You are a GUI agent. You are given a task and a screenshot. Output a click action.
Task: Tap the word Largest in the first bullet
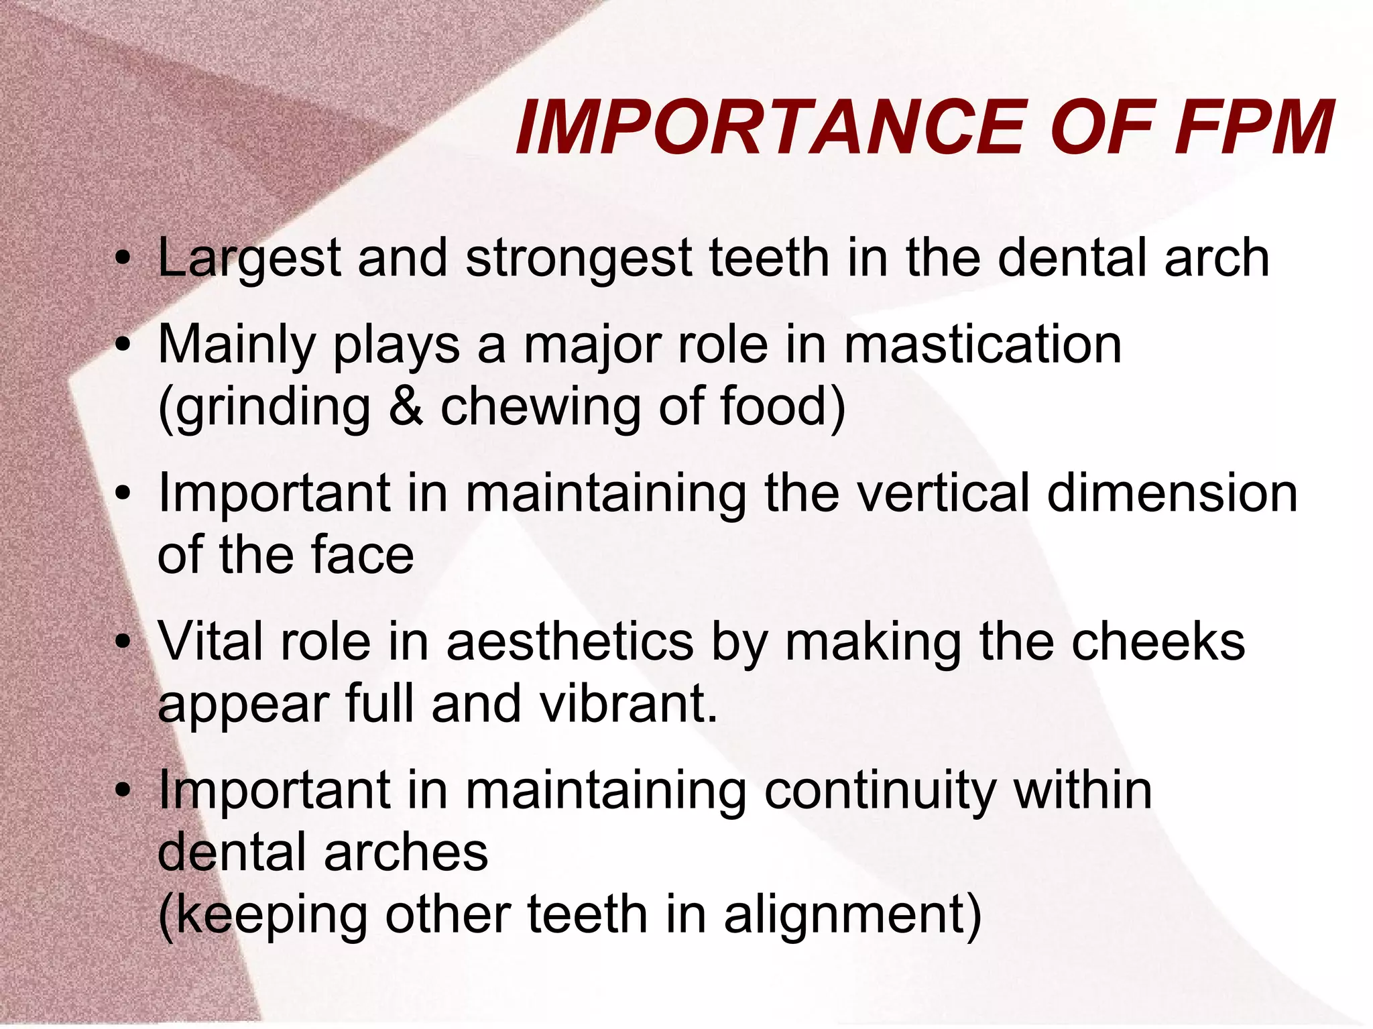click(x=249, y=258)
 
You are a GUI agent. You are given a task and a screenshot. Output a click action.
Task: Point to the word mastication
click(x=982, y=345)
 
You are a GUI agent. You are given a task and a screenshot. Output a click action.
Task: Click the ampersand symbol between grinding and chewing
click(x=406, y=406)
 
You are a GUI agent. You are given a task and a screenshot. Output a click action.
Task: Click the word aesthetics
click(x=569, y=642)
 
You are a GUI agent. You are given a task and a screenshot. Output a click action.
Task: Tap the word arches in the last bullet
click(x=406, y=852)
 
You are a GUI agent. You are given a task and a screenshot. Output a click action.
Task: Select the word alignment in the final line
click(x=851, y=916)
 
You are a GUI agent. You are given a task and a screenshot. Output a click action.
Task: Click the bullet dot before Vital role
click(x=122, y=642)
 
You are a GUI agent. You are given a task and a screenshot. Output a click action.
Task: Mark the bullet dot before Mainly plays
click(x=122, y=345)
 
